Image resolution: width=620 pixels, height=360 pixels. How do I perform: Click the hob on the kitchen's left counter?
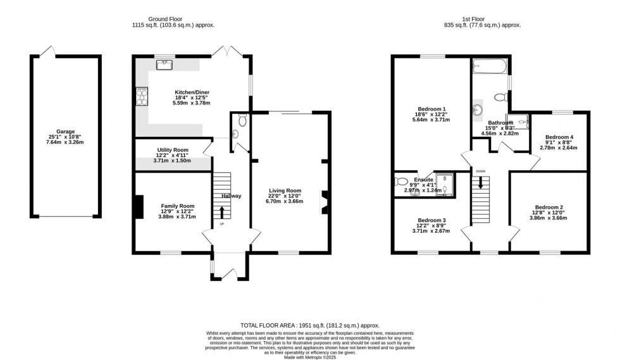(x=141, y=97)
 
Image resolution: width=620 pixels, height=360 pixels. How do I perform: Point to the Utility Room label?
(x=173, y=151)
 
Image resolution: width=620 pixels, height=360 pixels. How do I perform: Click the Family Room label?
(x=177, y=206)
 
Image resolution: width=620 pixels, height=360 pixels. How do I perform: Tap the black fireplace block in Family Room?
(x=138, y=208)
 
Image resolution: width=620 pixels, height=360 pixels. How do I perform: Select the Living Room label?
(x=285, y=190)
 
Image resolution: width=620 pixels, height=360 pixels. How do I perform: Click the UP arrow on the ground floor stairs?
(x=222, y=212)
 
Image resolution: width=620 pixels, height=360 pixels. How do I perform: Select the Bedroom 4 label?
(x=559, y=137)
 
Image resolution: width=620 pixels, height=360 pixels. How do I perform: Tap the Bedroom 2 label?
(x=548, y=207)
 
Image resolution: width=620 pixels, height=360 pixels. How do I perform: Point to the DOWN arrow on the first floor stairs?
(x=481, y=182)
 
